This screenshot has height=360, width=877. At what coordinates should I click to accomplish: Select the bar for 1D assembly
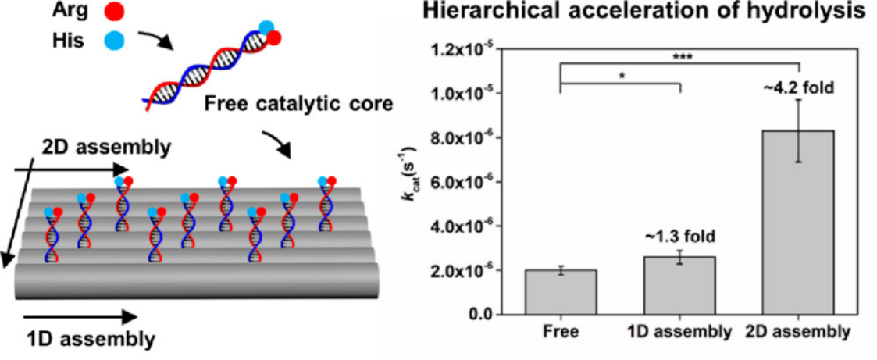(679, 286)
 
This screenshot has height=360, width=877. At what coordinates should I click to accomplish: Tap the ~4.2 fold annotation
(799, 87)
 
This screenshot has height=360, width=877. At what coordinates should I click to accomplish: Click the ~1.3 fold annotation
(679, 237)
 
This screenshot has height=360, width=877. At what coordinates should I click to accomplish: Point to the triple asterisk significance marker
(680, 56)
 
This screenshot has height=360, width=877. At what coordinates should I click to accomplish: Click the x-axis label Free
(561, 333)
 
